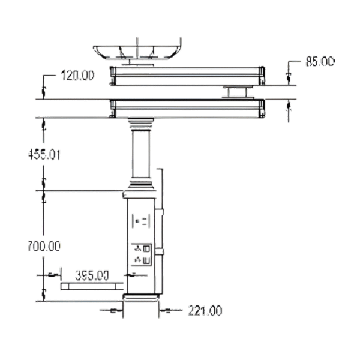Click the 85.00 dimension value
point(320,61)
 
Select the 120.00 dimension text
point(78,76)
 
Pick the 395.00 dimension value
point(92,275)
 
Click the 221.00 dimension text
point(205,310)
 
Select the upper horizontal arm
point(186,76)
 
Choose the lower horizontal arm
point(186,109)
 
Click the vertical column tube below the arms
point(142,153)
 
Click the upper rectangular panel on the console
point(142,221)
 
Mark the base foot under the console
point(142,298)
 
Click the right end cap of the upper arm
point(262,76)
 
